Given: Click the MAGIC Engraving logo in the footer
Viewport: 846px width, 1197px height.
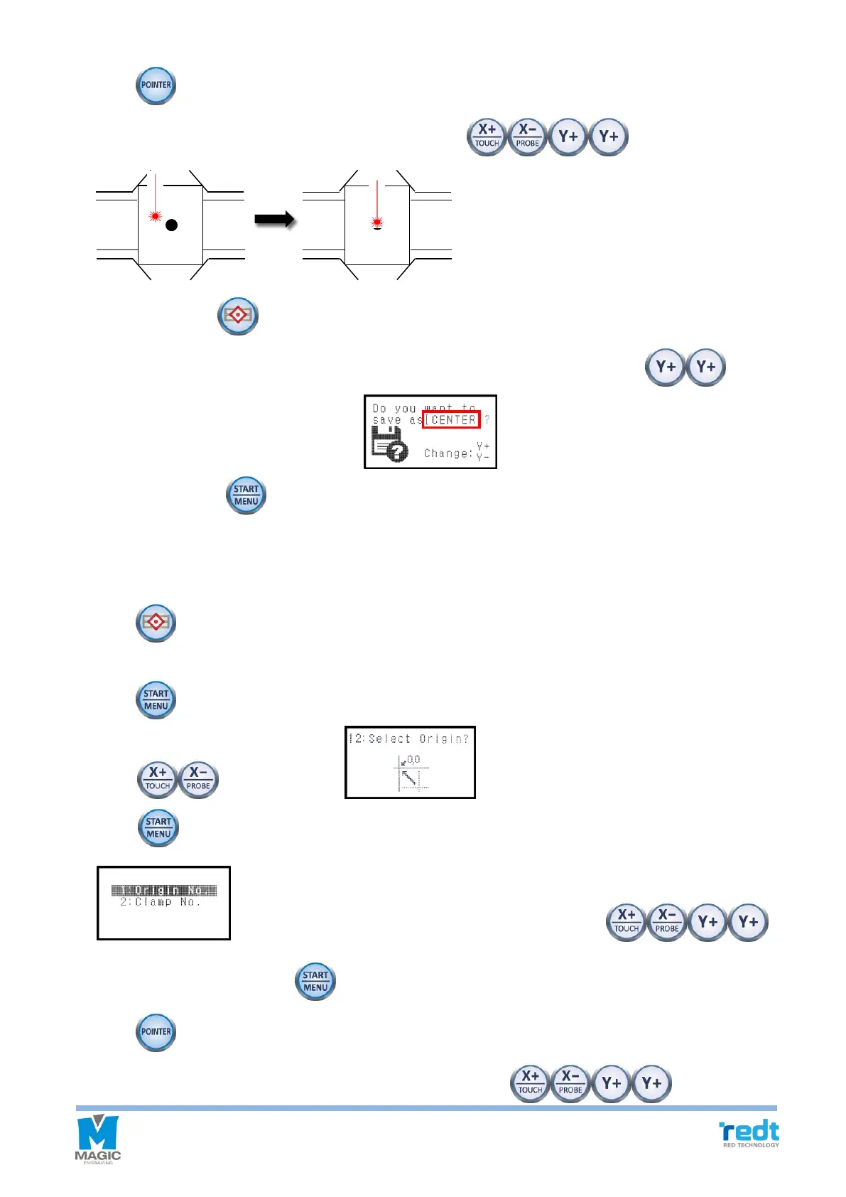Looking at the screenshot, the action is coord(98,1139).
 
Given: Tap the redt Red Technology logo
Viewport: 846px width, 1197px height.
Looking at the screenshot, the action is coord(749,1133).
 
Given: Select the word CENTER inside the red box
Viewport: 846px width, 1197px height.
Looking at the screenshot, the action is coord(452,420).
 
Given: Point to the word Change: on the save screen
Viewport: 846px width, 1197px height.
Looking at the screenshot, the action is coord(448,453).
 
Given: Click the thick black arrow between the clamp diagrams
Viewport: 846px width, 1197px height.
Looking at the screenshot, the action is coord(275,220).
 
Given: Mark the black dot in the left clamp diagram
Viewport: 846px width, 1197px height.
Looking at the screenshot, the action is coord(170,225).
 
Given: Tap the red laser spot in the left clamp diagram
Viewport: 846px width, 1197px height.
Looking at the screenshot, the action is coord(155,215).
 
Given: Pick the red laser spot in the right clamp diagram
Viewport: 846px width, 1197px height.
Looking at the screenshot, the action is coord(376,222).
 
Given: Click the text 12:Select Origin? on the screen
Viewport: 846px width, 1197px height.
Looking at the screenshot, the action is coord(408,739).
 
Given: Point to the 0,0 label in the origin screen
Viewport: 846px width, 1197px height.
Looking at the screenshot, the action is coord(413,759).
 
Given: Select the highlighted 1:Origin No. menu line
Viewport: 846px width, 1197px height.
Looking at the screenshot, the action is coord(164,891).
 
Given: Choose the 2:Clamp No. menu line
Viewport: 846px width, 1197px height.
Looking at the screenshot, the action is coord(160,902).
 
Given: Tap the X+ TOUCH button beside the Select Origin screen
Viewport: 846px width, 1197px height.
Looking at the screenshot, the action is coord(157,780).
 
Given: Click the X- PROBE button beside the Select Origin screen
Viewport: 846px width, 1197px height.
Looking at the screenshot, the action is coord(198,780).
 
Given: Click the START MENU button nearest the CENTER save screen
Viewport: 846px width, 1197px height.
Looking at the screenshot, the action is coord(246,495).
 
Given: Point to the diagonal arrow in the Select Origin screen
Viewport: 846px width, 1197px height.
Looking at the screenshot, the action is coord(410,775).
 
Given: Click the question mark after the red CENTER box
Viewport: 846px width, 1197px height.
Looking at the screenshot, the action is coord(487,420).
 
